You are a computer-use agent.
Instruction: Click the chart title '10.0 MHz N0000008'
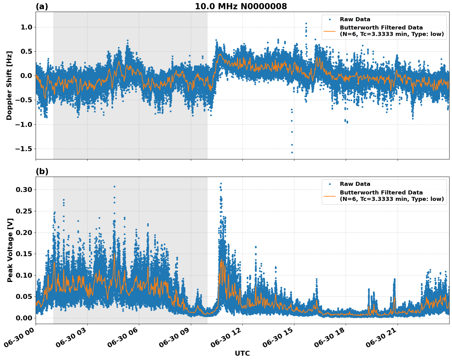coord(241,6)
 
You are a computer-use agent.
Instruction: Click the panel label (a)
coord(42,6)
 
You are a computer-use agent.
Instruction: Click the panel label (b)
coord(42,171)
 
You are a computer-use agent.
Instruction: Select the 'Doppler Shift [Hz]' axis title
coord(9,85)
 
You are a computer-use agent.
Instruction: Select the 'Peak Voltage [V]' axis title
coord(10,250)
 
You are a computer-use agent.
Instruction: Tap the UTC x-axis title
coord(242,353)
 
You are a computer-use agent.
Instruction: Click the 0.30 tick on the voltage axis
coord(24,190)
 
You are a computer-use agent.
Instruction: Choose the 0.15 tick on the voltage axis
coord(24,254)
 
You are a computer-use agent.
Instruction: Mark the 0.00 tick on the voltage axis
coord(24,318)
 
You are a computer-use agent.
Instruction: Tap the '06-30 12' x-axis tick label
coord(227,338)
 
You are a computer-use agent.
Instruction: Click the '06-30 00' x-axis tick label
coord(20,338)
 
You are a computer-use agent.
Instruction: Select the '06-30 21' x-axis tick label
coord(382,338)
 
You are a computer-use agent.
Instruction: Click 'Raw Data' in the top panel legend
coord(355,19)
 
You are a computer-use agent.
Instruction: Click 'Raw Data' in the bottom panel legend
coord(355,184)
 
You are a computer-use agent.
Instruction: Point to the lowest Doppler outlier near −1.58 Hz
coord(292,152)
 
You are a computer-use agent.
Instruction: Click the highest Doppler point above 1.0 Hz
coord(306,23)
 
